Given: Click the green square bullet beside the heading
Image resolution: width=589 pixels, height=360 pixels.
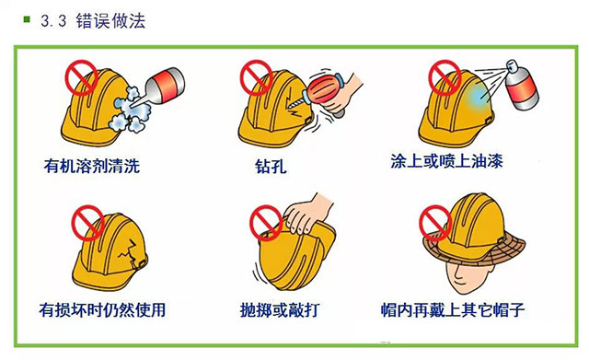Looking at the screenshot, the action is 27,19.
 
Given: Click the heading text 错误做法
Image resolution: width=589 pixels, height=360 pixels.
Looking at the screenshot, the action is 110,20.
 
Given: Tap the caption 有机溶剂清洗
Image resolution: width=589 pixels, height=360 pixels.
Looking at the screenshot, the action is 92,166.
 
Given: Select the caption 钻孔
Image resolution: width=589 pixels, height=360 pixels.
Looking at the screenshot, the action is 271,166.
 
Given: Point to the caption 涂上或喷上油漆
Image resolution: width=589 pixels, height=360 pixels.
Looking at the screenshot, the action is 446,161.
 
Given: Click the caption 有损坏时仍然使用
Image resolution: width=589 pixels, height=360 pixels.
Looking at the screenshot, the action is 102,309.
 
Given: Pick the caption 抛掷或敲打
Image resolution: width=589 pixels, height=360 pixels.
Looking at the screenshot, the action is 279,309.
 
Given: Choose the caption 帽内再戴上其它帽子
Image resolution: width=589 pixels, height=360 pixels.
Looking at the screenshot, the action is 453,309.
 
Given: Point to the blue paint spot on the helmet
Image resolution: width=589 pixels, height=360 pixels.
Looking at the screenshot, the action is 478,97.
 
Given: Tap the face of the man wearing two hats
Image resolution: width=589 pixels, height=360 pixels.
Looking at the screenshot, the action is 467,276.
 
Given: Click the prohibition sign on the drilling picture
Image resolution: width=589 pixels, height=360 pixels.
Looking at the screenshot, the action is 256,77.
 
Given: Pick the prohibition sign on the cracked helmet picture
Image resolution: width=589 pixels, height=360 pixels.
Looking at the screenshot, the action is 87,223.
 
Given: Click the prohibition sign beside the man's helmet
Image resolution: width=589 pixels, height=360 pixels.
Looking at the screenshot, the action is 435,223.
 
